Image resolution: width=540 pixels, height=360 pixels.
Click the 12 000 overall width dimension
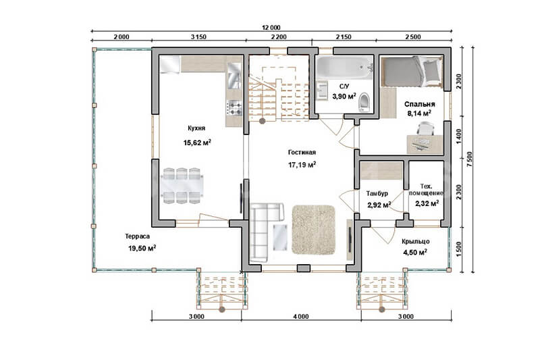pos(271,28)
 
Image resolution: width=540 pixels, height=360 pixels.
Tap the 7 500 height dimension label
pos(470,159)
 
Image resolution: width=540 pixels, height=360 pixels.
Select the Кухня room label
pos(196,128)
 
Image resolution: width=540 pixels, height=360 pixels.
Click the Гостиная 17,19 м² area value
pos(302,165)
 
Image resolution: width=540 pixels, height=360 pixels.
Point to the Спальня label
pos(419,104)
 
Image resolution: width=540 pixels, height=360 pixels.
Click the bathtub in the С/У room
pos(344,68)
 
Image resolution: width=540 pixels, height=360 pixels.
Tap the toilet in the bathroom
pos(363,102)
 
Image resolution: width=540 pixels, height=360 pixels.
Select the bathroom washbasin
pos(323,91)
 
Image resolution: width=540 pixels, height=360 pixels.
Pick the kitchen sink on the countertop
pos(234,76)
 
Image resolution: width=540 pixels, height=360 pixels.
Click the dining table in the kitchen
pos(182,186)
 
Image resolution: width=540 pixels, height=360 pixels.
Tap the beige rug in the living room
pos(313,230)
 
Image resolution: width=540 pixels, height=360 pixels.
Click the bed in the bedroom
pos(412,72)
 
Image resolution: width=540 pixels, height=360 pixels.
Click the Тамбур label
pos(377,194)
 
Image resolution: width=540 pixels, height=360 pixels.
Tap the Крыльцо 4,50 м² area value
pos(415,253)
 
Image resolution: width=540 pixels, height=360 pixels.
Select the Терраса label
pos(137,236)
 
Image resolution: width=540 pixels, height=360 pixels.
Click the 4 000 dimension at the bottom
pos(301,317)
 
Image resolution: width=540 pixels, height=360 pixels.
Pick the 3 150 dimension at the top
pos(198,37)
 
